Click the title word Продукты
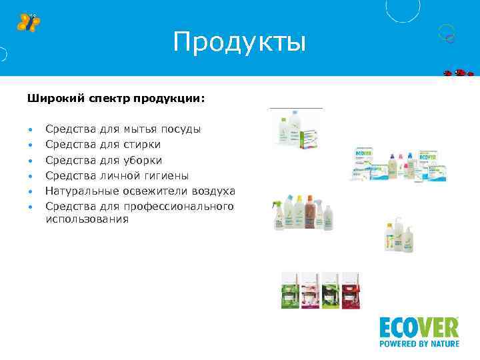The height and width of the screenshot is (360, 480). pyautogui.click(x=239, y=43)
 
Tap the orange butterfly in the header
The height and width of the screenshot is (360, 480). pyautogui.click(x=28, y=22)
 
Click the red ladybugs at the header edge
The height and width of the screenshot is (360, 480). pyautogui.click(x=459, y=72)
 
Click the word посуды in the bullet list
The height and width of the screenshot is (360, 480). pyautogui.click(x=181, y=129)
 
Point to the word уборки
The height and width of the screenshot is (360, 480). pyautogui.click(x=143, y=161)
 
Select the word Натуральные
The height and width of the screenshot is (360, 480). pyautogui.click(x=77, y=191)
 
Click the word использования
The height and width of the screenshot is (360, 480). pyautogui.click(x=87, y=219)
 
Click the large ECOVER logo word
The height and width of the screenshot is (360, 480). pyautogui.click(x=419, y=327)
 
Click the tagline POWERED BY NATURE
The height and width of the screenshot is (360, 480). pyautogui.click(x=419, y=344)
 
